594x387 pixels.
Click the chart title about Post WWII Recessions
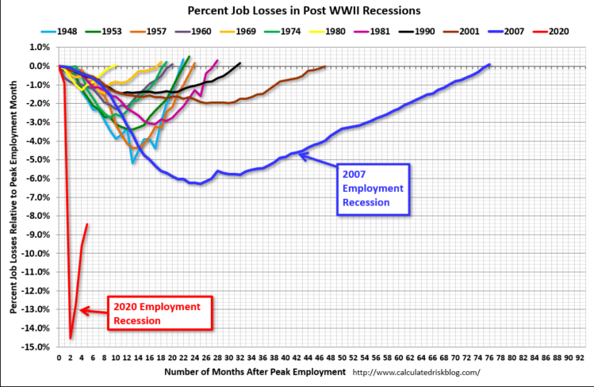click(297, 11)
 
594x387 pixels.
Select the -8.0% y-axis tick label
click(40, 216)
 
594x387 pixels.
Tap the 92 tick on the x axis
click(581, 358)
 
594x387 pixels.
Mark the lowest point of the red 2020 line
click(71, 338)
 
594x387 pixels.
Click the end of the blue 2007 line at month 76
click(489, 64)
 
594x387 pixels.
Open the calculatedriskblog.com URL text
click(416, 372)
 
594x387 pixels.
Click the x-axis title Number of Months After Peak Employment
click(255, 372)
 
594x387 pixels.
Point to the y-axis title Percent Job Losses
click(13, 197)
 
